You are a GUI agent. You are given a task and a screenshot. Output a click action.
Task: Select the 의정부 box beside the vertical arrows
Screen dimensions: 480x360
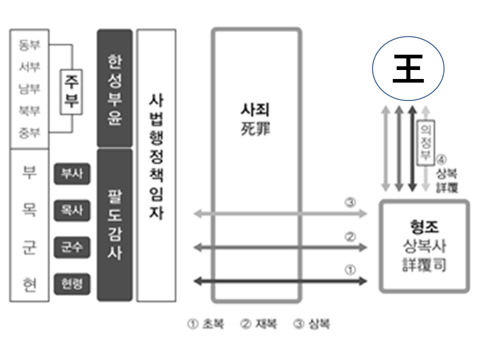425,142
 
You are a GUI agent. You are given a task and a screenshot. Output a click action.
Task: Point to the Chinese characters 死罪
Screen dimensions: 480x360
256,131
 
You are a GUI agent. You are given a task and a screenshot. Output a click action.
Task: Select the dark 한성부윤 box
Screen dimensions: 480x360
114,88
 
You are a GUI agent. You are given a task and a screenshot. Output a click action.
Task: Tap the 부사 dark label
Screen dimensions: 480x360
72,174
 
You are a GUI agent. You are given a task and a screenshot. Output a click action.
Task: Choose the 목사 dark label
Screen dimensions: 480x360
72,211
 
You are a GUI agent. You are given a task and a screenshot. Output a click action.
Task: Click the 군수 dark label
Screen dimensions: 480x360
72,247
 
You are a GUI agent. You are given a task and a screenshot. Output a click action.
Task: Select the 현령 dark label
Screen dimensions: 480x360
72,284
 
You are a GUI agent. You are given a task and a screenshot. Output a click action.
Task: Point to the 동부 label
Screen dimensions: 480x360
29,45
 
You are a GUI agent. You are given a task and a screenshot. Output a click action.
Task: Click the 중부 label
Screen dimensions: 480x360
29,133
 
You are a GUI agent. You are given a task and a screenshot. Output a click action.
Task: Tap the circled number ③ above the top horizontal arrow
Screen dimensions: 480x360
350,203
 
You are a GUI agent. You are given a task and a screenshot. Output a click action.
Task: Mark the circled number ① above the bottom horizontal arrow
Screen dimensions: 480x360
350,270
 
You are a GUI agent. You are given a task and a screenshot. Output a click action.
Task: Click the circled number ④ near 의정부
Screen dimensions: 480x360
441,160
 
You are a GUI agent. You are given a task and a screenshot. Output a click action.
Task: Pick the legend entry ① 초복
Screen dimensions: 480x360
205,324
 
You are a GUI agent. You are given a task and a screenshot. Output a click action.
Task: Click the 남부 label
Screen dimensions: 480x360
29,89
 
